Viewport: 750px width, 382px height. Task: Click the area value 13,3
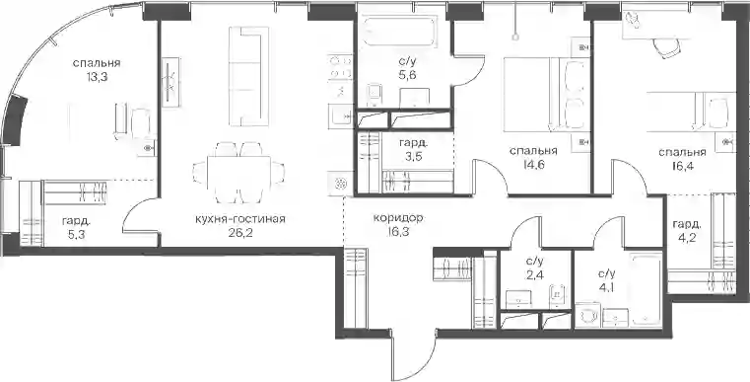click(97, 76)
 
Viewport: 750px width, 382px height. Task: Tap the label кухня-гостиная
click(240, 219)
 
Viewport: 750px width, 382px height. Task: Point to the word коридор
click(398, 218)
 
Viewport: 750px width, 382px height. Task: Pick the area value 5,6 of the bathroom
click(407, 74)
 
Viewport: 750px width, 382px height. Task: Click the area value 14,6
click(533, 165)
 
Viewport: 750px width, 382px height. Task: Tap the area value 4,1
click(606, 287)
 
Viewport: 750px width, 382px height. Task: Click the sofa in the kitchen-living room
click(248, 76)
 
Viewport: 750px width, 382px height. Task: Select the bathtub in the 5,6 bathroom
click(398, 33)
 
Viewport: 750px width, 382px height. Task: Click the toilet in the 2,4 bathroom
click(557, 294)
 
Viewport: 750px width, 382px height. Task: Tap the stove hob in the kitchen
click(340, 67)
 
